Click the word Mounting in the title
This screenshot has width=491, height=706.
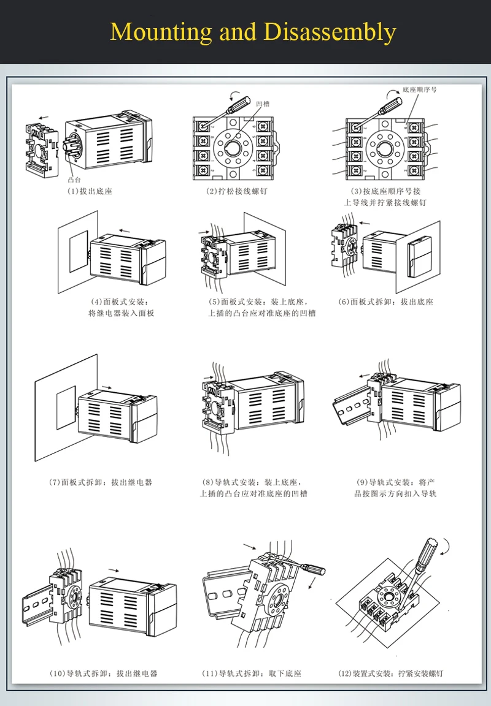pos(161,31)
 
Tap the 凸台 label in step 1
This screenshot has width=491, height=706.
pos(74,180)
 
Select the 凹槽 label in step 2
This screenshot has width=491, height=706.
pos(263,104)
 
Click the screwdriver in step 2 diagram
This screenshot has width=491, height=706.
pos(231,105)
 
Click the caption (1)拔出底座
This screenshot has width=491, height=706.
pos(90,191)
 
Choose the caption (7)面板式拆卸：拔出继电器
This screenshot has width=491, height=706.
pos(101,482)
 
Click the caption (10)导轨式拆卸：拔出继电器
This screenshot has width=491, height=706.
pos(103,674)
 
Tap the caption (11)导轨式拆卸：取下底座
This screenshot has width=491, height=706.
pos(252,674)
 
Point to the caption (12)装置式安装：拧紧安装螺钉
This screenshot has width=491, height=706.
pos(390,674)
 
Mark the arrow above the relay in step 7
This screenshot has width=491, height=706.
pos(107,387)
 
